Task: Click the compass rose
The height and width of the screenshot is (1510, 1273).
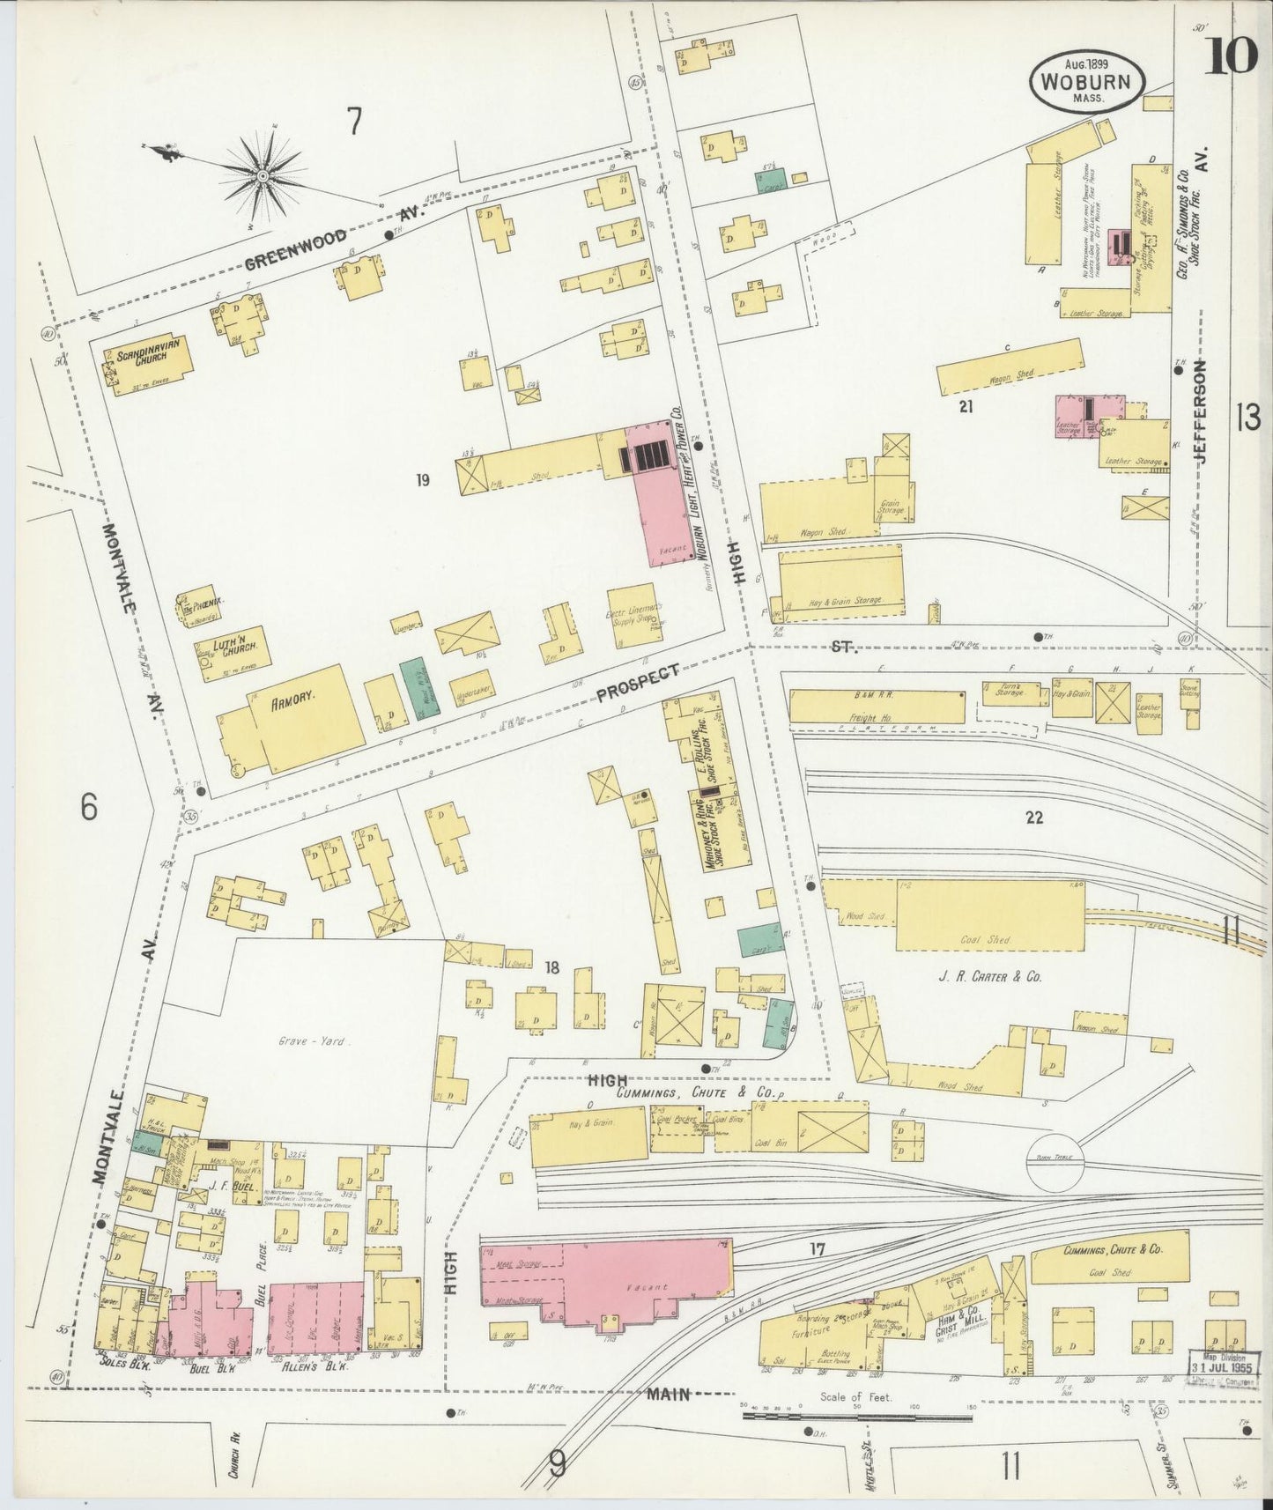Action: (262, 178)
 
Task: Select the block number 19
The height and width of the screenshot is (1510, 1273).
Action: (424, 480)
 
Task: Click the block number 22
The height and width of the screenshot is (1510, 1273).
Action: (1033, 817)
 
